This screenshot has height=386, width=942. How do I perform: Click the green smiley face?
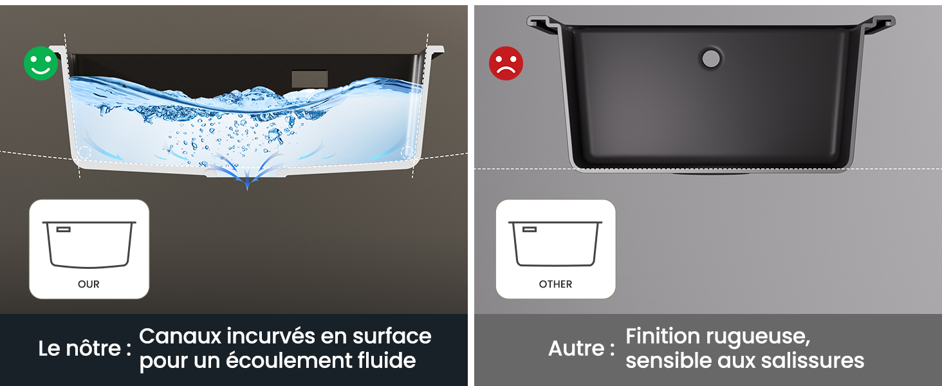(41, 64)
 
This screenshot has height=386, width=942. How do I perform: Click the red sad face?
(506, 64)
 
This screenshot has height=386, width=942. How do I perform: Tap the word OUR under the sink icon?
(89, 284)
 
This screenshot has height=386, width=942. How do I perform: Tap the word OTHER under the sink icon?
(555, 284)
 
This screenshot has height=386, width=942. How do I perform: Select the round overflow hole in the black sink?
(711, 59)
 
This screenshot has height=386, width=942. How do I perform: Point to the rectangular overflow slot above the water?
(309, 78)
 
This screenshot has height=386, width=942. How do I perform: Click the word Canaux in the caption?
(180, 336)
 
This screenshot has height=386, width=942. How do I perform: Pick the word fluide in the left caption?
(387, 360)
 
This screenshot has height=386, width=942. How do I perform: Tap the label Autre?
(577, 349)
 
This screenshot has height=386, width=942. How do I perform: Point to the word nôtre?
(93, 349)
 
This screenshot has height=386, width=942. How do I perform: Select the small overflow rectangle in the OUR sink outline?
(63, 229)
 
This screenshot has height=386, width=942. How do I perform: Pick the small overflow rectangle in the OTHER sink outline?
(530, 229)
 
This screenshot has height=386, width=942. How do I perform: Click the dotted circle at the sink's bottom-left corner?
(84, 152)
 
